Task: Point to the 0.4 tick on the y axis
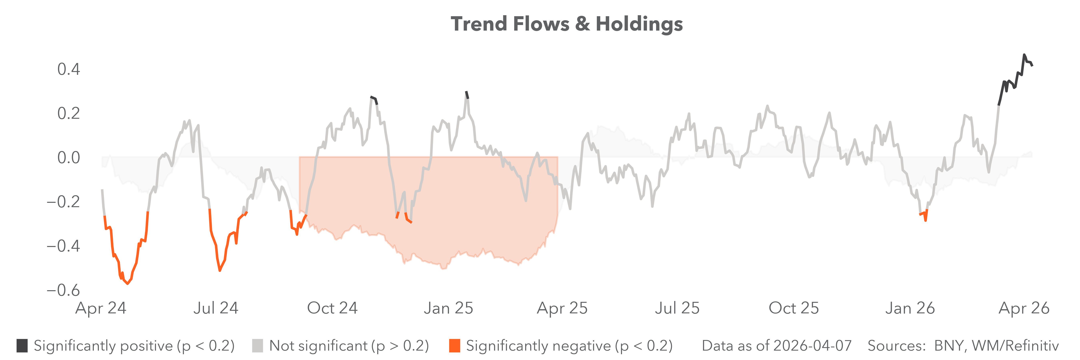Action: coord(69,69)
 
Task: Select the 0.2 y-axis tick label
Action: coord(69,113)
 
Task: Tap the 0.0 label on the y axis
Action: coord(69,158)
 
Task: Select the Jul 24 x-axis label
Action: coord(216,308)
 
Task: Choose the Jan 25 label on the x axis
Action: coord(448,308)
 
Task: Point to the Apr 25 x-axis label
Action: coord(562,308)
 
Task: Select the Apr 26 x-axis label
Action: coord(1024,308)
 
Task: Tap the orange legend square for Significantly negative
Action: coord(454,346)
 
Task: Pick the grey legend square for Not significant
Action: coord(257,346)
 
